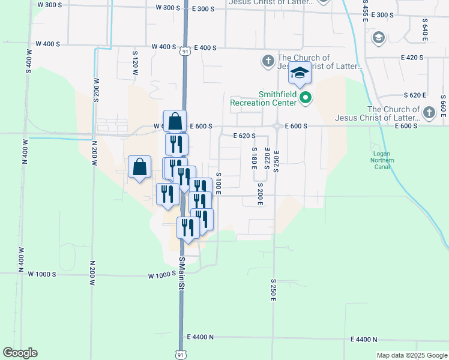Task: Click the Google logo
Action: [20, 353]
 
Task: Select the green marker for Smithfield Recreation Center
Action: [306, 98]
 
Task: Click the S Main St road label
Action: [181, 274]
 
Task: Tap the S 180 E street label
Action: [254, 158]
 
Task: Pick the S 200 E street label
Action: [260, 196]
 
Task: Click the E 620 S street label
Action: [244, 136]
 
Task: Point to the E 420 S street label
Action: [411, 58]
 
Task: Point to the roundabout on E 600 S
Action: [277, 126]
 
